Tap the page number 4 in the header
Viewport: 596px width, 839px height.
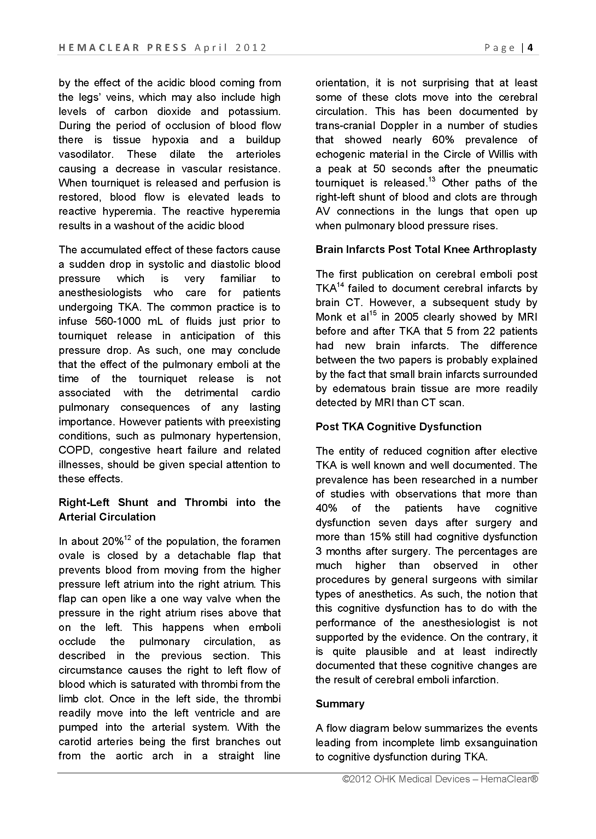tap(530, 48)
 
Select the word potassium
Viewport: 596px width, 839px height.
tap(254, 112)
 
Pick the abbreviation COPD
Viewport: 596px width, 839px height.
tap(74, 450)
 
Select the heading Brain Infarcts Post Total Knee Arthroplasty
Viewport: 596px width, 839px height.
tap(426, 250)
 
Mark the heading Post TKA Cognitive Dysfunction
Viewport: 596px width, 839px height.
tap(398, 427)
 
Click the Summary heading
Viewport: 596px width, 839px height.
tap(340, 704)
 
